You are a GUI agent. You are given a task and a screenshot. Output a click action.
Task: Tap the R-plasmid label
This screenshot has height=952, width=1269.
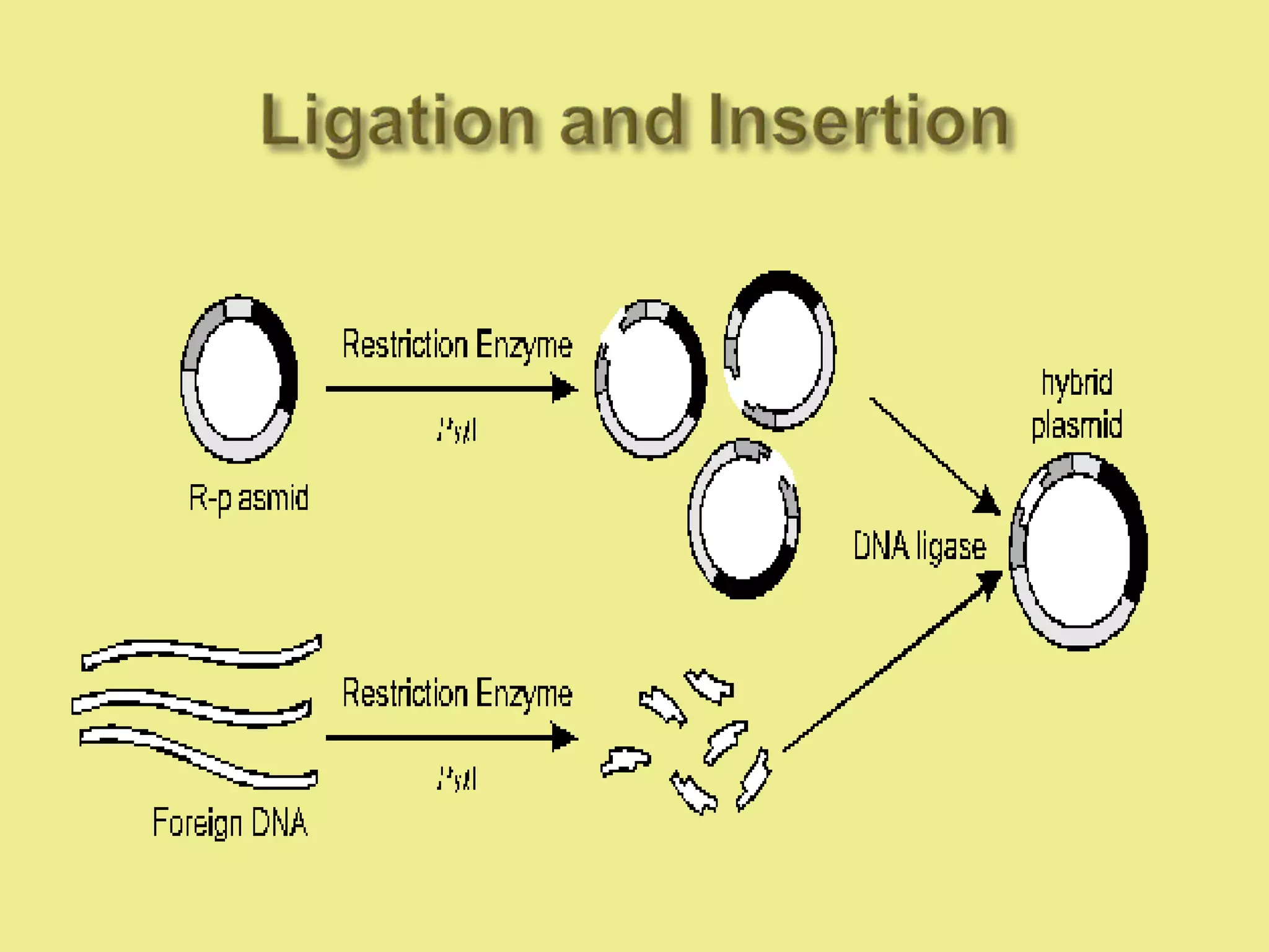click(x=248, y=498)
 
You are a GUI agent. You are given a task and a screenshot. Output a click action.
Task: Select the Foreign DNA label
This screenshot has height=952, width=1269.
click(x=230, y=822)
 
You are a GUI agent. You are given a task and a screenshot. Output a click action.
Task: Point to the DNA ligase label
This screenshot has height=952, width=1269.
click(x=919, y=547)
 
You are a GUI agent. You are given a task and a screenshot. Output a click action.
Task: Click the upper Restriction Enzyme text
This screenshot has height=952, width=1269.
click(x=457, y=345)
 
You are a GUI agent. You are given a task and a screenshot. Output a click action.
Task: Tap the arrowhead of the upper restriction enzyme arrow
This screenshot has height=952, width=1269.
click(x=564, y=389)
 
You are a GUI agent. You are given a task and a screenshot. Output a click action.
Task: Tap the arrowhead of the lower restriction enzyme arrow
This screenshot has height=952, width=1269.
click(x=564, y=738)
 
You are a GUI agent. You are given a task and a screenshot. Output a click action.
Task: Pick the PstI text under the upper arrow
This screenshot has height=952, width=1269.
click(x=457, y=430)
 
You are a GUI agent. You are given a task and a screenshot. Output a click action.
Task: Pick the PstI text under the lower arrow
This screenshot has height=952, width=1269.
click(x=457, y=778)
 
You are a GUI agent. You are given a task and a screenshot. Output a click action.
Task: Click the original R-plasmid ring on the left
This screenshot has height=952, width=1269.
click(x=239, y=379)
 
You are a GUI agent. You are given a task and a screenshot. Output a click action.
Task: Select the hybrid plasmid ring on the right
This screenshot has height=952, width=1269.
click(x=1078, y=552)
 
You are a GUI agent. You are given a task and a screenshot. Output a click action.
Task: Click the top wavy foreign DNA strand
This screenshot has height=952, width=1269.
click(x=201, y=653)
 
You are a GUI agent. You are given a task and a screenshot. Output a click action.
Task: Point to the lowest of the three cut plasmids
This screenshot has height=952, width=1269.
click(x=744, y=519)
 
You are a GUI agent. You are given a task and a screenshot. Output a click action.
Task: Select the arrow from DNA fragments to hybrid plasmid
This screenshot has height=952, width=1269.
click(x=892, y=663)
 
